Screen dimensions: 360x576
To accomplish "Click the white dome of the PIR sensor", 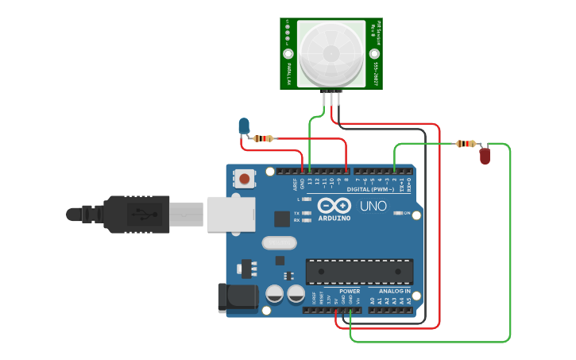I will point(331,53).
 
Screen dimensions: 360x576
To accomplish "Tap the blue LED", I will point(244,126).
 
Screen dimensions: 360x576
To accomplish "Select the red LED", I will point(485,156).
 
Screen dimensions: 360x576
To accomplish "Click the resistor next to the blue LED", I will point(264,138).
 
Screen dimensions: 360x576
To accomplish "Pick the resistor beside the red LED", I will point(466,144).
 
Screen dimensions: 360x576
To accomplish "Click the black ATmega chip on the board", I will point(359,271).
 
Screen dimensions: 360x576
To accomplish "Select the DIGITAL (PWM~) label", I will point(370,190).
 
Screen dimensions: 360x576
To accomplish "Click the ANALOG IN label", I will point(394,292).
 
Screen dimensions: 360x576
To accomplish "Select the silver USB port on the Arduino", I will point(231,214).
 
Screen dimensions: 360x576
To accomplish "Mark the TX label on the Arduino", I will point(296,213).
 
